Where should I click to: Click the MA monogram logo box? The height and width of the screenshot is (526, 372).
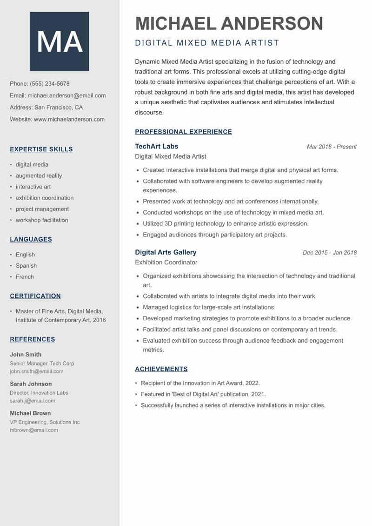[59, 41]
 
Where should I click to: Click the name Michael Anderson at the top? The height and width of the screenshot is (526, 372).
[229, 23]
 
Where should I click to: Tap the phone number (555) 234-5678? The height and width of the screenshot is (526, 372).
[50, 84]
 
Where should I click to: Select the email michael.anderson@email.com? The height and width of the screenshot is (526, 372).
[66, 95]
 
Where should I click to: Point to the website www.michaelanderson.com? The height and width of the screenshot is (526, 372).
[69, 119]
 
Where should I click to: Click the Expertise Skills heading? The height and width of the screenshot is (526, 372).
[41, 149]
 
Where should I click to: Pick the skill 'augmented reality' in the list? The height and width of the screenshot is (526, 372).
[39, 175]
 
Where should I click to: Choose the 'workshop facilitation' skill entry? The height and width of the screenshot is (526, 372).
[42, 220]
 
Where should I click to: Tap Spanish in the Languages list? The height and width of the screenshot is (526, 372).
[26, 266]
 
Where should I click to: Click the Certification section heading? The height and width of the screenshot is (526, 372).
[35, 296]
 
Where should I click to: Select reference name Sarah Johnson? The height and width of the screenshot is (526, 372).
[31, 384]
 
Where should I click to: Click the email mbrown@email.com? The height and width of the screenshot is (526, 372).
[34, 430]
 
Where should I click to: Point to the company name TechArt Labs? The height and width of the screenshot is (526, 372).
[157, 146]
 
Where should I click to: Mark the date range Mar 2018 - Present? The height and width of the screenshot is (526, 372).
[332, 147]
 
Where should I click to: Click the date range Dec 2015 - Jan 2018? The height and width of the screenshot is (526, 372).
[329, 253]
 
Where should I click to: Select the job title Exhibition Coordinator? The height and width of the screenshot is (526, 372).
[166, 263]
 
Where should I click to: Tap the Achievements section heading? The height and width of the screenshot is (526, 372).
[161, 369]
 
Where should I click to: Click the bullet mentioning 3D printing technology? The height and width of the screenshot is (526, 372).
[226, 223]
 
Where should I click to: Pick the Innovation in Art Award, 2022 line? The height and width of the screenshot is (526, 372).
[200, 383]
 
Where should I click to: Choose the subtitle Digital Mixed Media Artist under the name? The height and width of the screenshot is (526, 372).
[207, 43]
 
